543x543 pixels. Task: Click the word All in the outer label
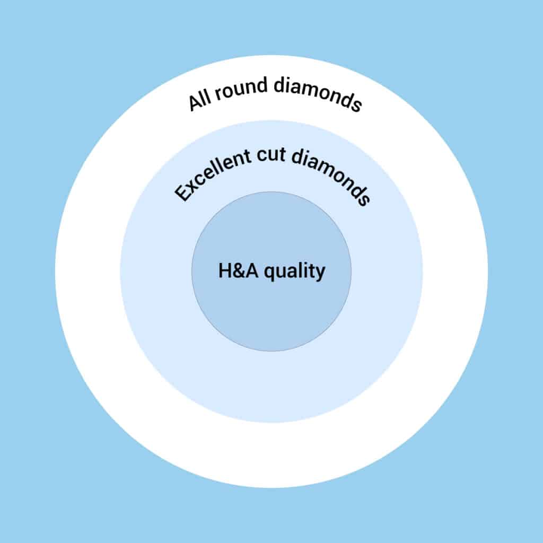tap(199, 101)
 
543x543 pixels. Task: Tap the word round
tap(241, 89)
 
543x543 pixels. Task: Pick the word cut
tap(271, 154)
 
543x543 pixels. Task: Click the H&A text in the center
tap(238, 270)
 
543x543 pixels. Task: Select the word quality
tap(295, 272)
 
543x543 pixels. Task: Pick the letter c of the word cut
tap(261, 155)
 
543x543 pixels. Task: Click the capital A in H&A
tap(252, 270)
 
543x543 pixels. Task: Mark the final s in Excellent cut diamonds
tap(364, 200)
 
